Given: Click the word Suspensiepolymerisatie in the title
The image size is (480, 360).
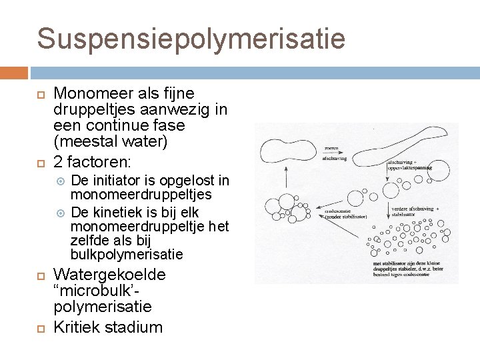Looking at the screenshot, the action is click(x=191, y=38).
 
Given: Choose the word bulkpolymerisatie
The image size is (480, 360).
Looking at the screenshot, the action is click(x=127, y=255).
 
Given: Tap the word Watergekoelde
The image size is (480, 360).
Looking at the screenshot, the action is click(x=109, y=275).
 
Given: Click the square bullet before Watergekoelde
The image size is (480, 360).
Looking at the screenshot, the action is click(x=39, y=275).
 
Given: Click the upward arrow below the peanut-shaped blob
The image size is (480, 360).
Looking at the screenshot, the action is click(x=285, y=179).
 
